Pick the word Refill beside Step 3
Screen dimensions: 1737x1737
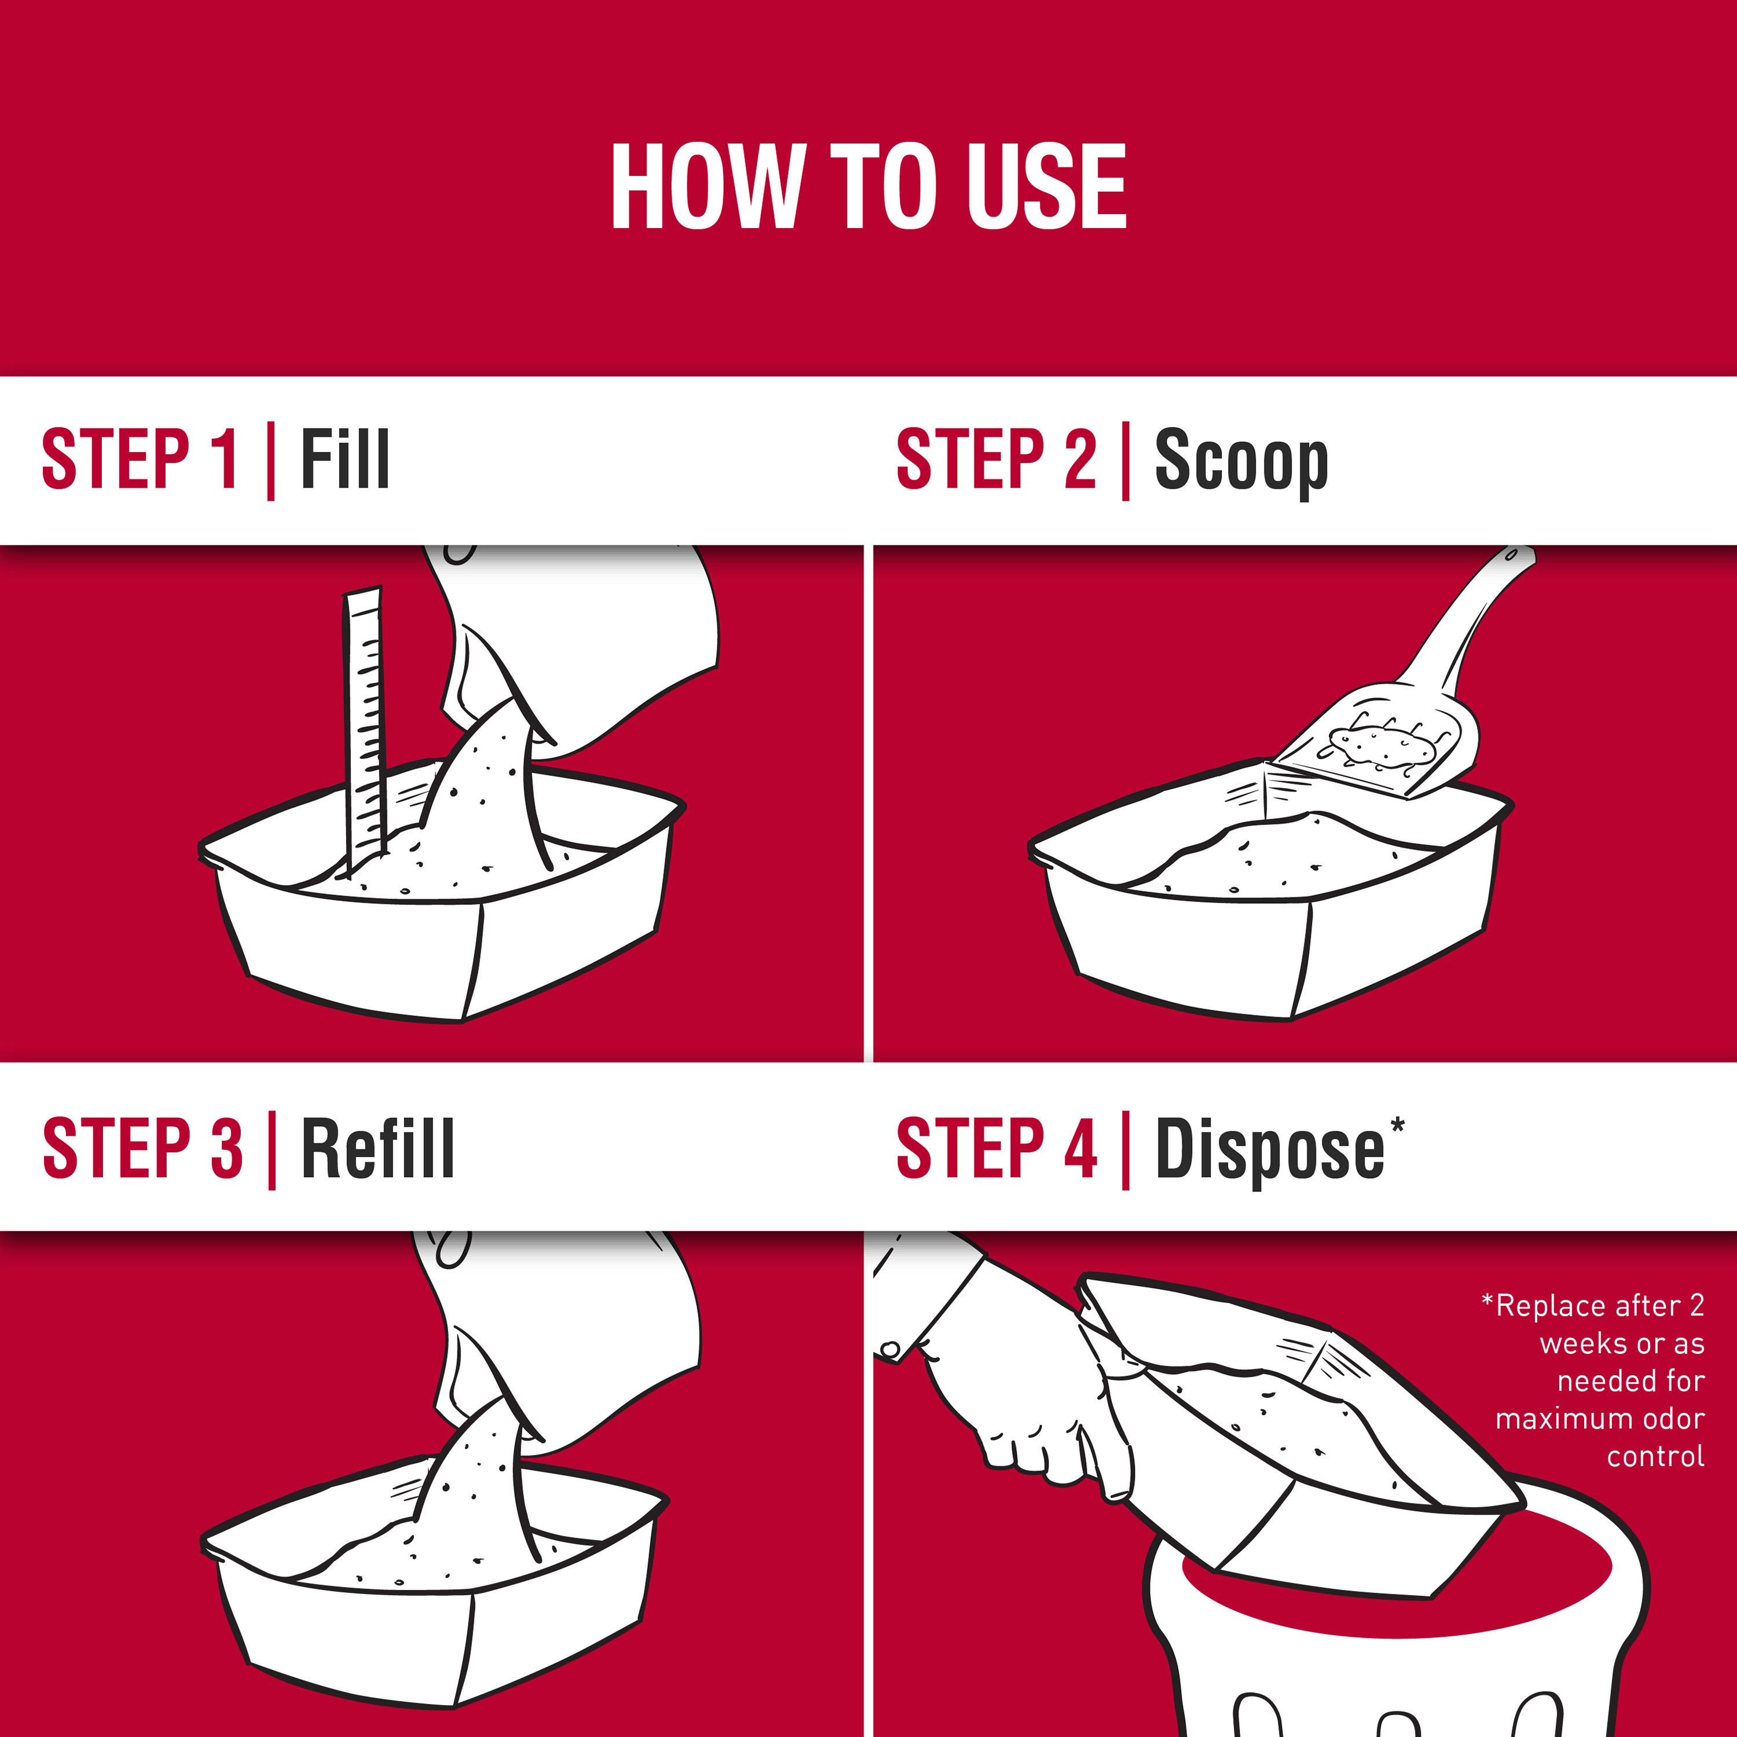tap(378, 1148)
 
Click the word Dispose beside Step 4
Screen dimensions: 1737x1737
tap(1270, 1151)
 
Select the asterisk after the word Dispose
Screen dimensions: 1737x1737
tap(1397, 1125)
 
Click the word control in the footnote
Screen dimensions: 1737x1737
tap(1655, 1457)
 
